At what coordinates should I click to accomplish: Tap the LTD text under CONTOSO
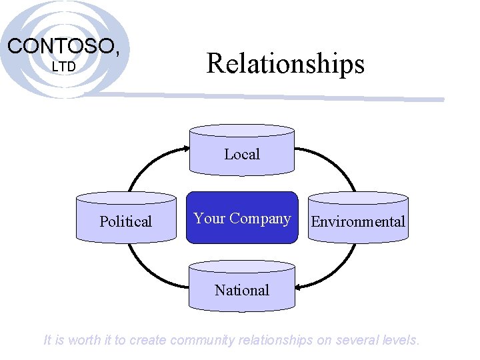pyautogui.click(x=64, y=67)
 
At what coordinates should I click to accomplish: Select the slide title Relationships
pyautogui.click(x=285, y=64)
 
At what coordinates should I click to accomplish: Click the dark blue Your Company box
pyautogui.click(x=241, y=218)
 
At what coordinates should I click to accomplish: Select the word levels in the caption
pyautogui.click(x=401, y=340)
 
